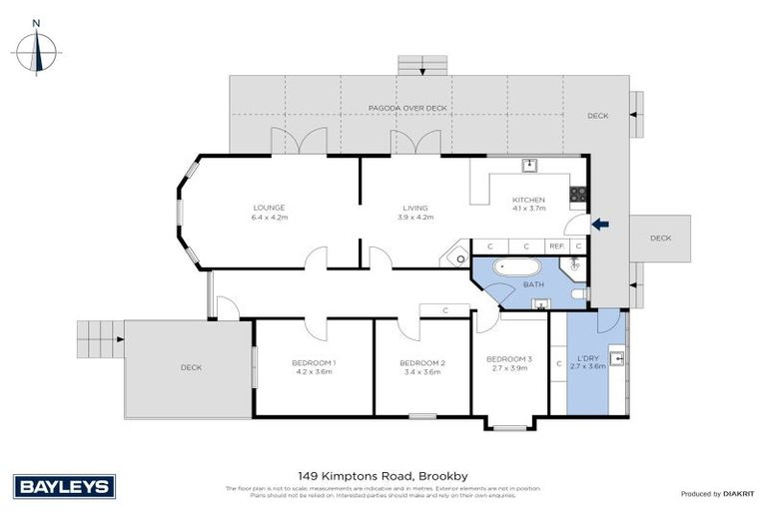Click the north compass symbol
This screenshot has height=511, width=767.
pos(38,49)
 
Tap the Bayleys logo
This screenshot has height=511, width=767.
pos(65,487)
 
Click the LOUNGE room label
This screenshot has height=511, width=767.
pos(269,208)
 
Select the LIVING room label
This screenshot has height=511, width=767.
pos(415,208)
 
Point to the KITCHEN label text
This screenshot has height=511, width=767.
pos(528,199)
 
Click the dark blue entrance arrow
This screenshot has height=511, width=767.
pos(599,225)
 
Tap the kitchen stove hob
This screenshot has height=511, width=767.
pos(576,193)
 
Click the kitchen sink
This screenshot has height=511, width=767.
pos(530,166)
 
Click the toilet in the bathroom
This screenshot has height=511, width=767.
pos(579,294)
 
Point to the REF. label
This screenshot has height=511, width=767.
pos(557,246)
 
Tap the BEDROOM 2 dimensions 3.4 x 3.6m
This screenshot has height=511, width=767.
pos(420,371)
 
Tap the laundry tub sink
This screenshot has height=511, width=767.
pos(620,356)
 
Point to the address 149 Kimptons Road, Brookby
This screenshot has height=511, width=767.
pos(383,476)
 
